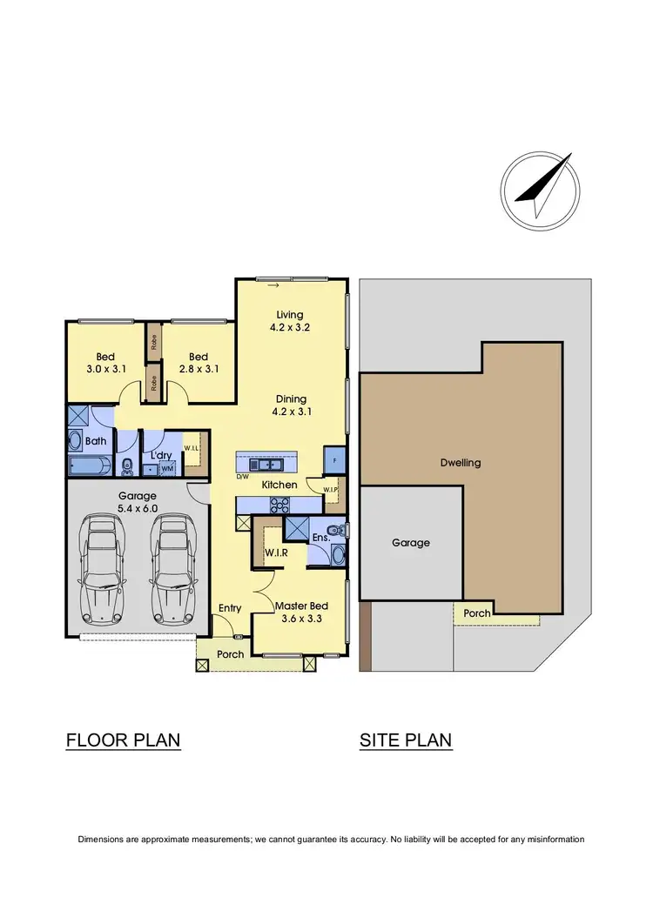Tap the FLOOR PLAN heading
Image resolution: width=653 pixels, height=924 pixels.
click(x=123, y=740)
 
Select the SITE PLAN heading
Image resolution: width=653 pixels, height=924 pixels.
click(x=406, y=740)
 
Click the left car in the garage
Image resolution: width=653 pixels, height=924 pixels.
click(x=102, y=570)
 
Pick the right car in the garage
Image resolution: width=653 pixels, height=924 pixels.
click(x=172, y=570)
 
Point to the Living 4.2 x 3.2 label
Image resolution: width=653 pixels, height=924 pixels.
click(x=290, y=321)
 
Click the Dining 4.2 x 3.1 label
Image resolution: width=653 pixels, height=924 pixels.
click(x=291, y=405)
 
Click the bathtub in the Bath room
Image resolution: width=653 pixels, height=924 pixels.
click(x=88, y=465)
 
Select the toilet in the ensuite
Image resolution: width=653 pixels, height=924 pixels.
click(x=336, y=530)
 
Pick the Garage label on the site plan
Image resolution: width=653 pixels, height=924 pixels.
click(x=410, y=542)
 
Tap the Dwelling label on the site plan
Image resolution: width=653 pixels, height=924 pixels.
click(x=461, y=463)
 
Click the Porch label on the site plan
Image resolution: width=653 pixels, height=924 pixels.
click(x=476, y=613)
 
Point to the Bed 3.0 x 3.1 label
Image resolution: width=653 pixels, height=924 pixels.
click(x=104, y=362)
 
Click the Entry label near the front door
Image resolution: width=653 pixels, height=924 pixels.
click(x=230, y=608)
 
